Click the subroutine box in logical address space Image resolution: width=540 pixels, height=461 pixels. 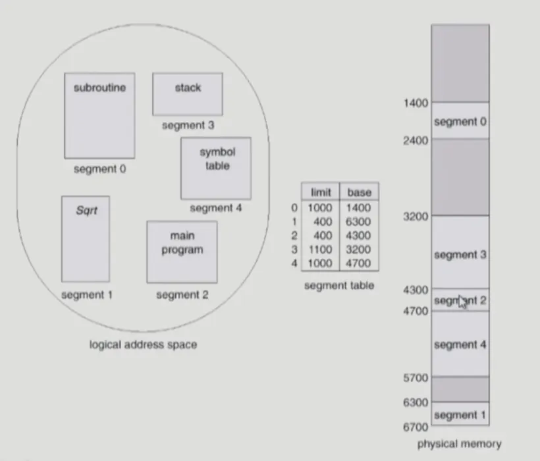tap(99, 115)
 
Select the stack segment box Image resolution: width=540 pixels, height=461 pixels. tap(188, 94)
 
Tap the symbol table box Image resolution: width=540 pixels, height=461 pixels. tap(216, 168)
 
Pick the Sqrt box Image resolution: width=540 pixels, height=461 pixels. tap(86, 238)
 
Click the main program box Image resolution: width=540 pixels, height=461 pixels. tap(182, 252)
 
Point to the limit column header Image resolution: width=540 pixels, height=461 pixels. tap(319, 192)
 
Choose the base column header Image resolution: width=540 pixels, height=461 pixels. tap(359, 192)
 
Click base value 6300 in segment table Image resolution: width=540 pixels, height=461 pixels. tap(358, 222)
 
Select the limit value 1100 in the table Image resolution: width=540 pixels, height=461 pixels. tap(319, 250)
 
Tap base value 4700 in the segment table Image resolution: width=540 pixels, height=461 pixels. tap(358, 263)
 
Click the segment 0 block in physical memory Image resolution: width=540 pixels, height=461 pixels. tap(460, 121)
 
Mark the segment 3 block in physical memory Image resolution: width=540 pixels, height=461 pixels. tap(460, 254)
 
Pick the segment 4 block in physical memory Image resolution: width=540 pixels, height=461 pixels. tap(460, 344)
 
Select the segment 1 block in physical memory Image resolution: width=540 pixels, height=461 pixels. tap(460, 415)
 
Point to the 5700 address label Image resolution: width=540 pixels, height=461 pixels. tap(416, 378)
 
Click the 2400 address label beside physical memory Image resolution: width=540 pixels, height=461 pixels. tap(416, 140)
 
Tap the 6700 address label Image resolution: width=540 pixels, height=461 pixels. tap(416, 427)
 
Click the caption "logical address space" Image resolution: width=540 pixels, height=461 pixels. tap(143, 344)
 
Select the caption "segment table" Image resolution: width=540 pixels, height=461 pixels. tap(338, 285)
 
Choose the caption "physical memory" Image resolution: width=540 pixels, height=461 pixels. tap(459, 444)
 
